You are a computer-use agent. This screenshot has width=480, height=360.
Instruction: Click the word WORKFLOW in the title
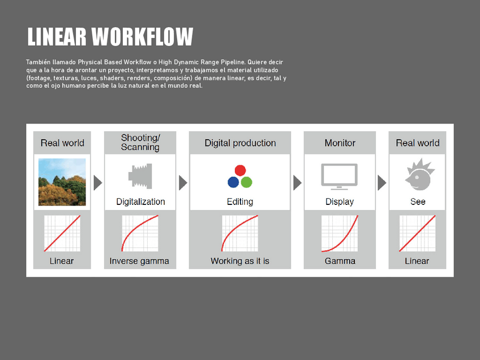tap(143, 37)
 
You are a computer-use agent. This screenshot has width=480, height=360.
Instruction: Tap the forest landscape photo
tap(62, 182)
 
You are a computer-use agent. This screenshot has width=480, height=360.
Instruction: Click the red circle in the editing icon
tap(240, 170)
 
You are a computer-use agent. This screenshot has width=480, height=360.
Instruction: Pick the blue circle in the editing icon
tap(233, 182)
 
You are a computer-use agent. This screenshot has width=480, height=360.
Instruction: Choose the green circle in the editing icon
tap(247, 182)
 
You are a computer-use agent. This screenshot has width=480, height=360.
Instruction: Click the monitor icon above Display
tap(340, 175)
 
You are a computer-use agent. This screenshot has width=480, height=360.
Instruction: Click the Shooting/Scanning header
tap(140, 143)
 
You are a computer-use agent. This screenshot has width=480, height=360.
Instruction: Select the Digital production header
tap(240, 143)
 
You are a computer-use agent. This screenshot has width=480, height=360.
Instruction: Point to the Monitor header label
tap(340, 143)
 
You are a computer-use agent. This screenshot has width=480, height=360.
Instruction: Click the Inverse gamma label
tap(139, 261)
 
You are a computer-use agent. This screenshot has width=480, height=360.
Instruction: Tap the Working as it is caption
tap(240, 261)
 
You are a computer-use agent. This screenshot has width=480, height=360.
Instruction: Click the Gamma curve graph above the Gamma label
tap(340, 233)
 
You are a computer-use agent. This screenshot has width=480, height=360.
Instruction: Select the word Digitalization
tap(140, 202)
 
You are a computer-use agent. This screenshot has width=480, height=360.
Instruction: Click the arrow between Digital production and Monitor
tap(297, 183)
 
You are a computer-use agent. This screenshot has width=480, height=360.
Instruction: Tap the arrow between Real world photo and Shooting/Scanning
tap(98, 183)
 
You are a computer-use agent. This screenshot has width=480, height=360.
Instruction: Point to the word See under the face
tap(418, 202)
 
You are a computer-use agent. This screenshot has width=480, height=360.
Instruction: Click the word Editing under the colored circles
tap(240, 202)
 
